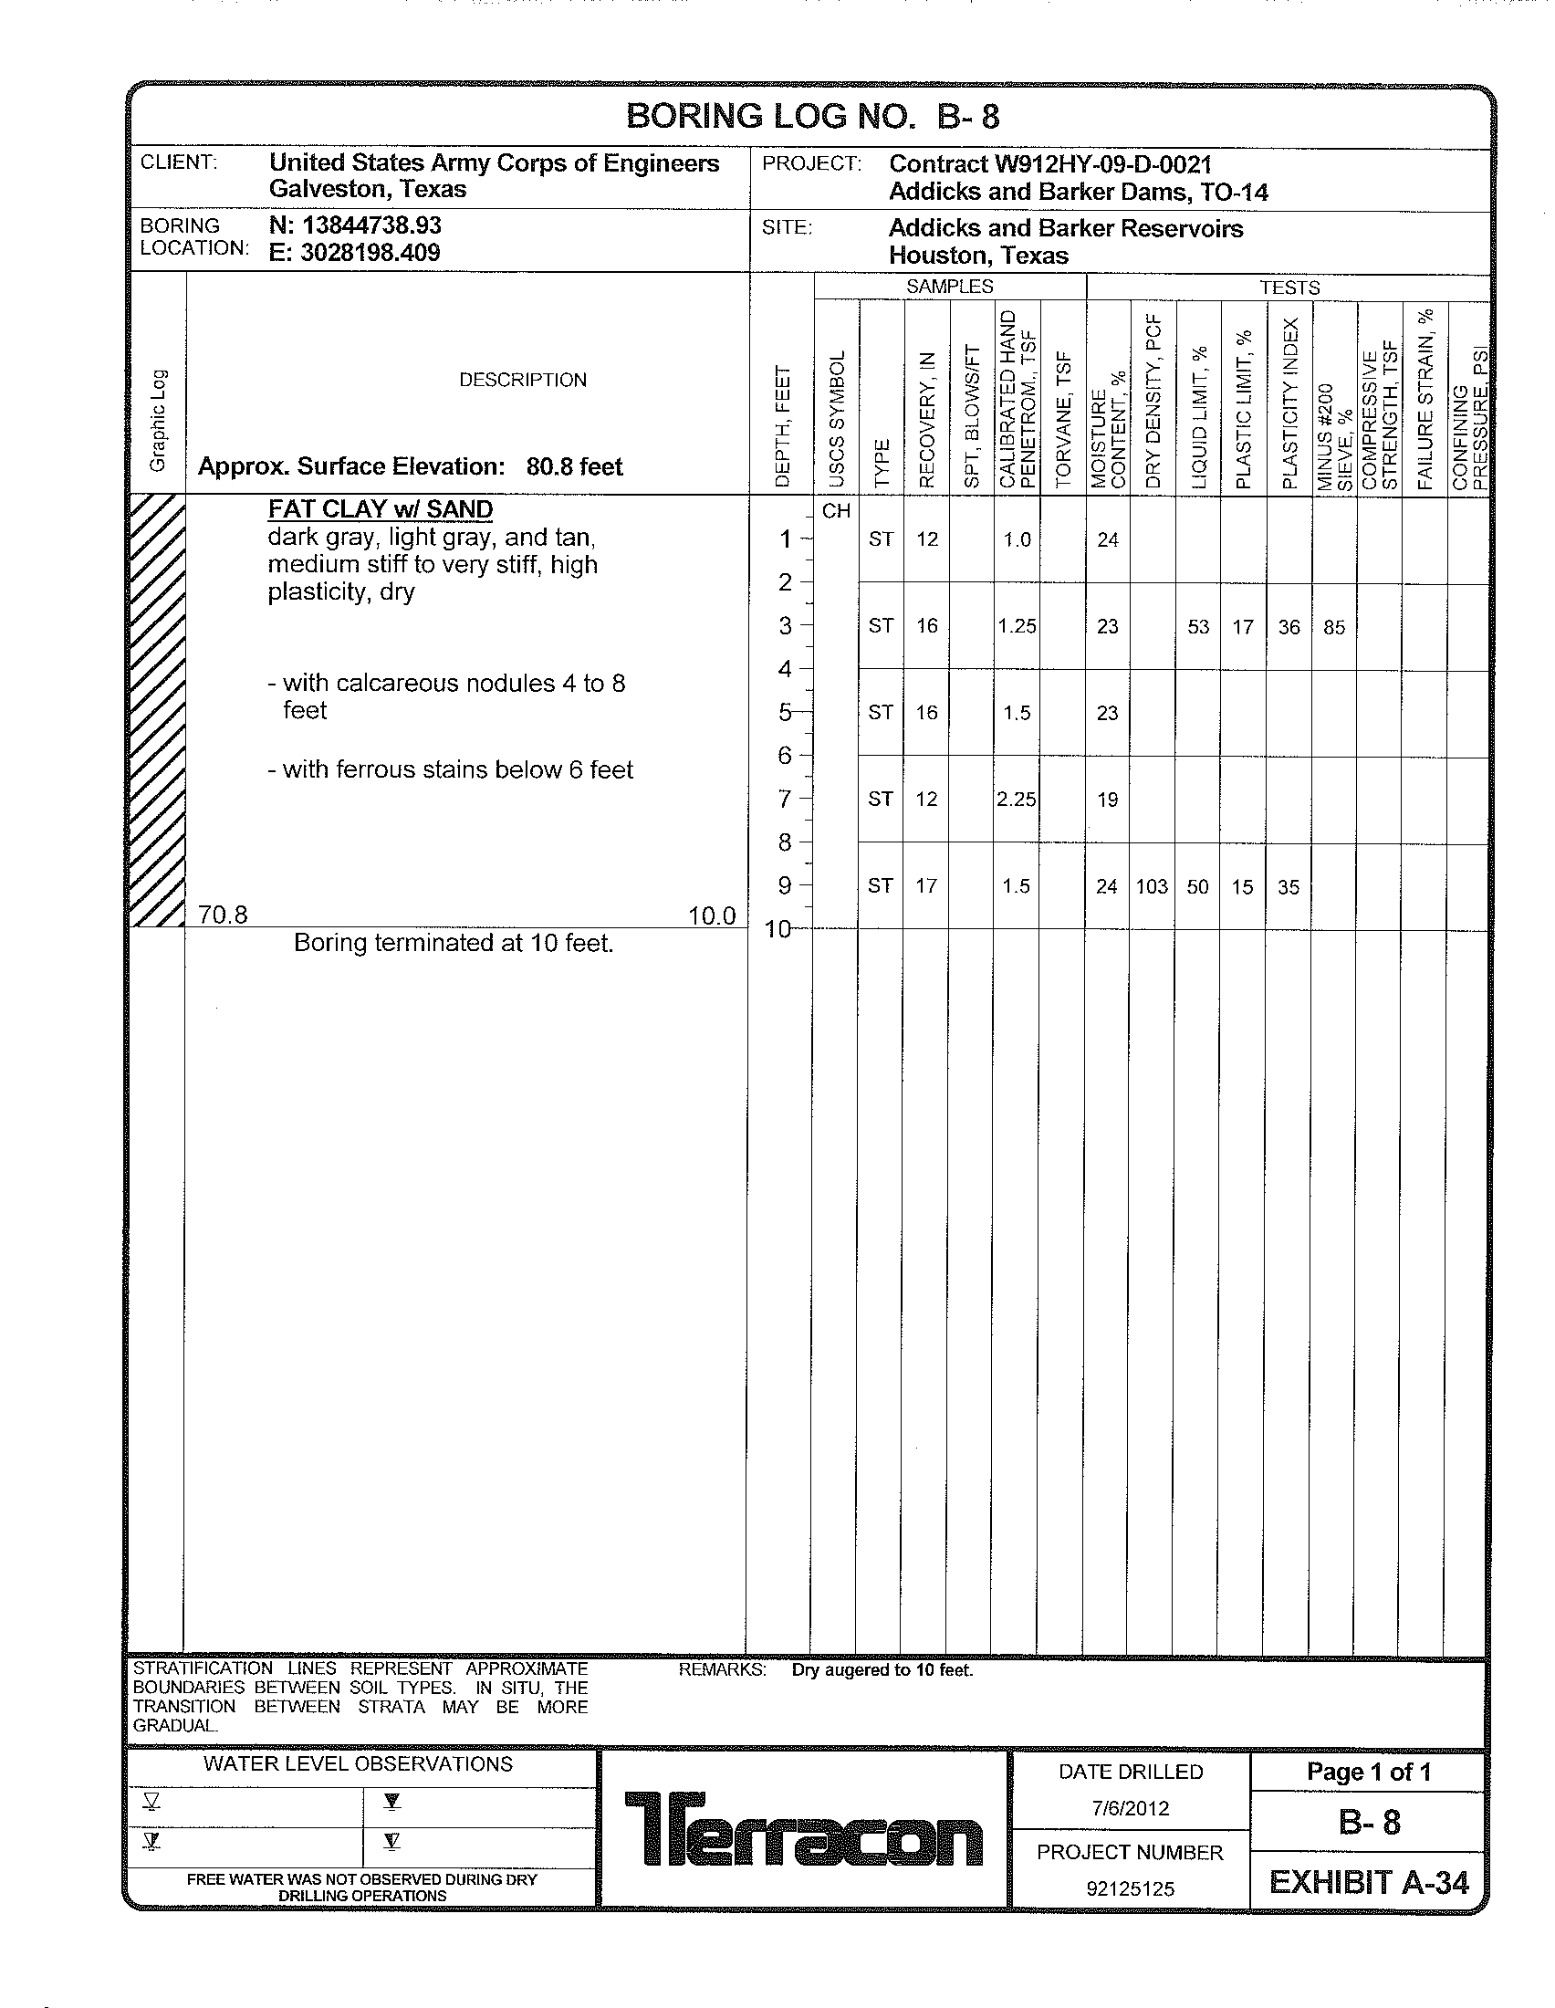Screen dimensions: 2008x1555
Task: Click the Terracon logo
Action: click(803, 1829)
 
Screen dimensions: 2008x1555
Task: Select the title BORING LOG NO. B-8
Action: click(811, 117)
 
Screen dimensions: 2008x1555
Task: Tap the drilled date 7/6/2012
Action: click(1130, 1808)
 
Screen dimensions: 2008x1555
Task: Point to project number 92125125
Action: click(1130, 1888)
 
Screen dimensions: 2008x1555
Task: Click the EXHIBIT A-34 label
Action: click(1369, 1883)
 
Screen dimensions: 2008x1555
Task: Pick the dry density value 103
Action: click(1152, 886)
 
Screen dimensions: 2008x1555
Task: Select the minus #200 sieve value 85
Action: click(1333, 627)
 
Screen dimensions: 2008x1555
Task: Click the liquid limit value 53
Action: click(1197, 627)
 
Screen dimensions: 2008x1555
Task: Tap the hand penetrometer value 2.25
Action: click(1016, 800)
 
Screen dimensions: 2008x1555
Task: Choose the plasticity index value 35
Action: click(1288, 887)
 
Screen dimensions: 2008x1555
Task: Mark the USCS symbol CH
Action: click(835, 511)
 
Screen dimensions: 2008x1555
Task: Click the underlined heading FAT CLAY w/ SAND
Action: click(380, 509)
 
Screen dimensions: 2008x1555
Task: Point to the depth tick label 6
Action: click(785, 755)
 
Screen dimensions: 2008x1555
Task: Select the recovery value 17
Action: click(926, 886)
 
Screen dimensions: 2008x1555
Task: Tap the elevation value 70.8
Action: click(223, 915)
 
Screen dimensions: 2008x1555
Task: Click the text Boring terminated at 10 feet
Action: click(453, 944)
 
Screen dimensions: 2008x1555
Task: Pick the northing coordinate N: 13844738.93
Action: click(355, 225)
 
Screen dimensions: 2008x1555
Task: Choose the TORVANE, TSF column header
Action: click(1063, 418)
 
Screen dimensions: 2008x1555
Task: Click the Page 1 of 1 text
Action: click(1369, 1772)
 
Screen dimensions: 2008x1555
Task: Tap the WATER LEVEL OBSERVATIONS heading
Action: click(358, 1763)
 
